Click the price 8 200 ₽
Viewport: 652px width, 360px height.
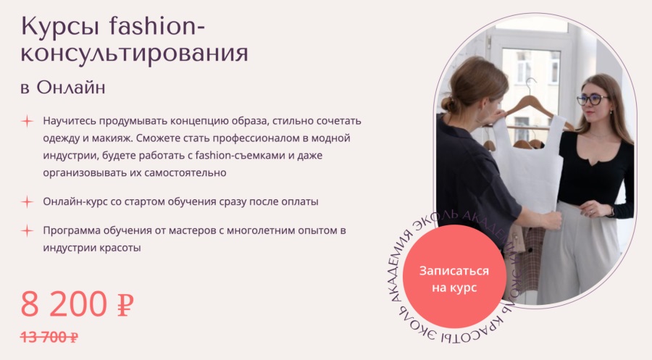pos(78,304)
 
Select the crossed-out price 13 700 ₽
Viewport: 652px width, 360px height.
pos(49,337)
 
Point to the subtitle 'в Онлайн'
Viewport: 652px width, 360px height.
pos(63,88)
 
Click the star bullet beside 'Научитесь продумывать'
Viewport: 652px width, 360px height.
pos(27,120)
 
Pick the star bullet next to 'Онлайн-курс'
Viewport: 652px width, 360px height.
pos(27,201)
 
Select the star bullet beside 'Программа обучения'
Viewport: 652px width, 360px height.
pos(27,231)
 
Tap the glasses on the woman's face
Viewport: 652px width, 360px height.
pos(592,100)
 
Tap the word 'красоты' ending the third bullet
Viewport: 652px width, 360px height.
pos(118,248)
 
